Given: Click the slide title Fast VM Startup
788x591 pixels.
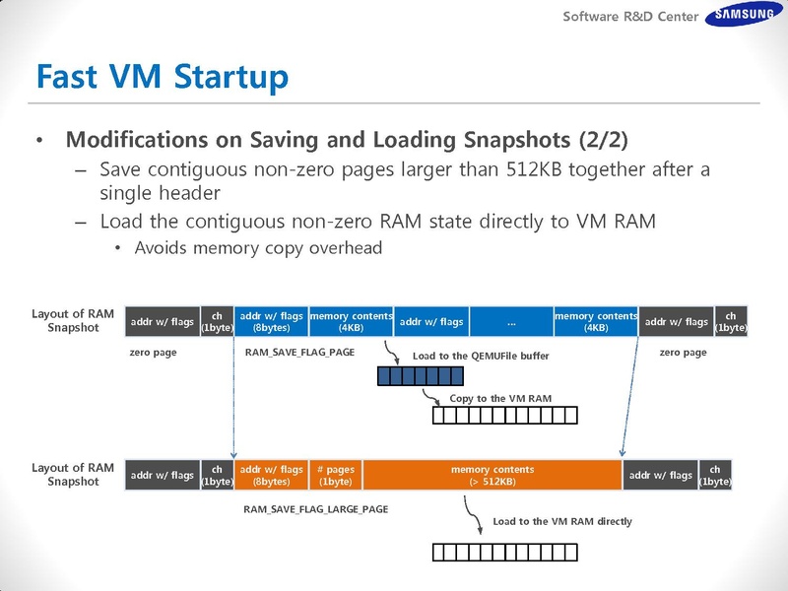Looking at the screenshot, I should point(162,75).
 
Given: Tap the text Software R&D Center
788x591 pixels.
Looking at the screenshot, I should point(630,17).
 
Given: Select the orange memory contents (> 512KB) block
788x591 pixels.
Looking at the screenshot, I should point(492,476).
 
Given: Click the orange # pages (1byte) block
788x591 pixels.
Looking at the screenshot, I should point(335,476).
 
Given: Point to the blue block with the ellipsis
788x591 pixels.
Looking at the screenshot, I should point(511,321).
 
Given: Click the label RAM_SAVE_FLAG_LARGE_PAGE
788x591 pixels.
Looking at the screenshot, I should point(316,509).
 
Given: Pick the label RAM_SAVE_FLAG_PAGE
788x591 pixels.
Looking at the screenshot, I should point(299,353).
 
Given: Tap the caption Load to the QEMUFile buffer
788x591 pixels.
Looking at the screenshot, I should point(481,356).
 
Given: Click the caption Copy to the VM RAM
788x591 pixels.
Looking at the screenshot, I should point(499,398).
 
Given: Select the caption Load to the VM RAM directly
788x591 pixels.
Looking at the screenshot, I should point(561,521).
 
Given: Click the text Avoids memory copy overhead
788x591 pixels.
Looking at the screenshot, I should point(258,248).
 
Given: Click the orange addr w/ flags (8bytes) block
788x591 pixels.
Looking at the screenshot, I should point(272,476).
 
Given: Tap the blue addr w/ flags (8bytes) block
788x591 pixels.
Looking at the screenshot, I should point(272,321).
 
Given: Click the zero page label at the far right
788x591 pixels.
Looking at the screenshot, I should point(683,353).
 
